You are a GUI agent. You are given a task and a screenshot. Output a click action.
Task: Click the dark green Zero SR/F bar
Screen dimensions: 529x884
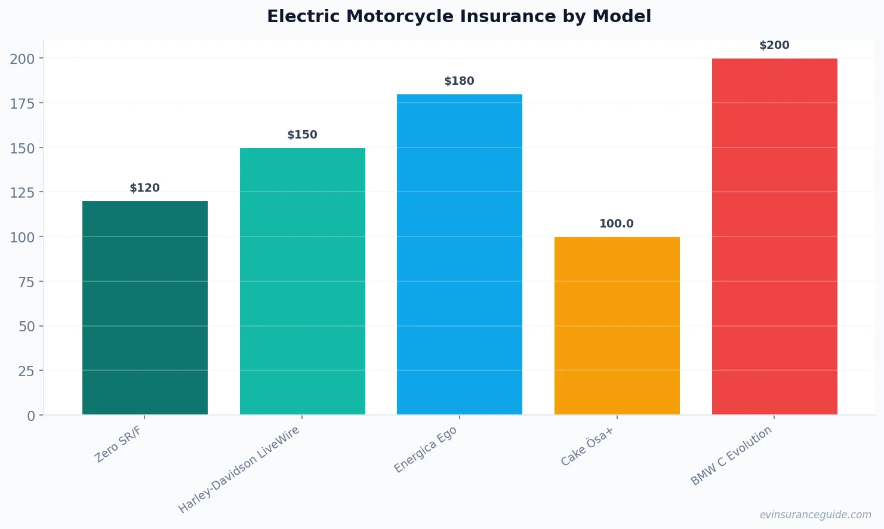click(145, 308)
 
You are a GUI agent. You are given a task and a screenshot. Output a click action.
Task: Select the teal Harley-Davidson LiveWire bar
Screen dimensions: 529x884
click(303, 281)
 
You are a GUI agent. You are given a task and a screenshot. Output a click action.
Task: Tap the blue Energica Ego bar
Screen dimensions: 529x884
click(460, 254)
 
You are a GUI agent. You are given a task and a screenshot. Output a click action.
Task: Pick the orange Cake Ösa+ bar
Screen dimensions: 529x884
click(617, 326)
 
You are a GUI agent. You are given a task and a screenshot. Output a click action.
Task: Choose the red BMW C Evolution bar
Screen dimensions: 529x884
click(775, 236)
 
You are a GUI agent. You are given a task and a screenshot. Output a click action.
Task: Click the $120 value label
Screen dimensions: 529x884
click(145, 188)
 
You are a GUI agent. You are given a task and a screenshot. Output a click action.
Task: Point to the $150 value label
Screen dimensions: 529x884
click(303, 135)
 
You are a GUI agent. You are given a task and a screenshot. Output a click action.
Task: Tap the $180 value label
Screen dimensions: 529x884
click(460, 81)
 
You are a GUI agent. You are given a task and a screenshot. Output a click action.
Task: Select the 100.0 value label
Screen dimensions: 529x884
click(617, 224)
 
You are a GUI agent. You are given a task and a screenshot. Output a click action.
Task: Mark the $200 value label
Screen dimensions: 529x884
click(774, 45)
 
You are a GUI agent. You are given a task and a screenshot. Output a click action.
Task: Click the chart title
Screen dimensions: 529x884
click(459, 16)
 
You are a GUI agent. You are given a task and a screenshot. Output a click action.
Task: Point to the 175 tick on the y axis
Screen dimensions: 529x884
click(22, 103)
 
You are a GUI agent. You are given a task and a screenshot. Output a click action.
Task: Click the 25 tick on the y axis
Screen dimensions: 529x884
click(26, 371)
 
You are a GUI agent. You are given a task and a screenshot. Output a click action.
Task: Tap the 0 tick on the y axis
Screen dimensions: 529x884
click(31, 416)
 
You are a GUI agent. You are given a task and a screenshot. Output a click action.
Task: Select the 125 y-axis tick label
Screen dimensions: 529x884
click(22, 192)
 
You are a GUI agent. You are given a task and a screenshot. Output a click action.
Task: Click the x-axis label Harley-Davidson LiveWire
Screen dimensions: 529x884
click(239, 470)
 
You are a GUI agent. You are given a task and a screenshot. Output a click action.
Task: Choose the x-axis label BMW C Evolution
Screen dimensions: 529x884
click(731, 456)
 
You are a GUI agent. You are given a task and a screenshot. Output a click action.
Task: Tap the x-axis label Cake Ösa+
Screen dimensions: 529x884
click(587, 447)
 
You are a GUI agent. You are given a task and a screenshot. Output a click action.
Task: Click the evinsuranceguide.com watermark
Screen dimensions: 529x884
click(815, 515)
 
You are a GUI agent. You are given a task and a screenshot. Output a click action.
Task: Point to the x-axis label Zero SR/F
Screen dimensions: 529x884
click(118, 445)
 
